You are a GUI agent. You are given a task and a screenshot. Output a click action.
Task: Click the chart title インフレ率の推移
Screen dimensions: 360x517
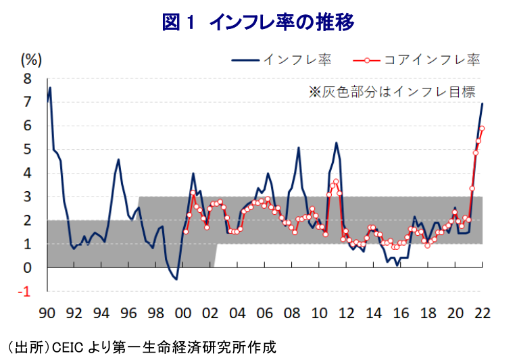(257, 22)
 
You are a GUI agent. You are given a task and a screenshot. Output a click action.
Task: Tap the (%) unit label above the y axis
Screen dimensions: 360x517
(31, 59)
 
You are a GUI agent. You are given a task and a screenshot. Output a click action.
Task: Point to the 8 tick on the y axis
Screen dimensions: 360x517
(28, 78)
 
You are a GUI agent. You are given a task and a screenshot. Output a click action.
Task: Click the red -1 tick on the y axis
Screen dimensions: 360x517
(25, 292)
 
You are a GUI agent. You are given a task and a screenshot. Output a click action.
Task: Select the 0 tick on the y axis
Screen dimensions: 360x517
(28, 268)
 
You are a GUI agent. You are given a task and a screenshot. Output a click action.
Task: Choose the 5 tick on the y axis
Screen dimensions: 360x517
(28, 149)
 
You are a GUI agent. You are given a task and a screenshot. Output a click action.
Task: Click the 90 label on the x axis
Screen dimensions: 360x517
(47, 313)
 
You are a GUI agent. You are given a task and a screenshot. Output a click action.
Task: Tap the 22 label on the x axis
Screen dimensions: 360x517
(482, 313)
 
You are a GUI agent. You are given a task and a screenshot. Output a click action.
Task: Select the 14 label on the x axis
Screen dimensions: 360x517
(373, 313)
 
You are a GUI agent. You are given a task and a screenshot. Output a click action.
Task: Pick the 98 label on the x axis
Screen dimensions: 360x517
(156, 313)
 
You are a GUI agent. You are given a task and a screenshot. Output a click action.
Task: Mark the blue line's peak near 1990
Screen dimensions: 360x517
(50, 88)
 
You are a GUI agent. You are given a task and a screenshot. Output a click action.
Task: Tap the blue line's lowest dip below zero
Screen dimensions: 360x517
(176, 279)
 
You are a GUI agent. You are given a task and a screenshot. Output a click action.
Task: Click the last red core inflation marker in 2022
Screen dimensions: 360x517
(482, 128)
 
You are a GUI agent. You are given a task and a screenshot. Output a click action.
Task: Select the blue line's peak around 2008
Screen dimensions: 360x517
(298, 147)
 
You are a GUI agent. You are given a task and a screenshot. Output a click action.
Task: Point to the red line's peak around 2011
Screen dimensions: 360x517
(335, 181)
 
